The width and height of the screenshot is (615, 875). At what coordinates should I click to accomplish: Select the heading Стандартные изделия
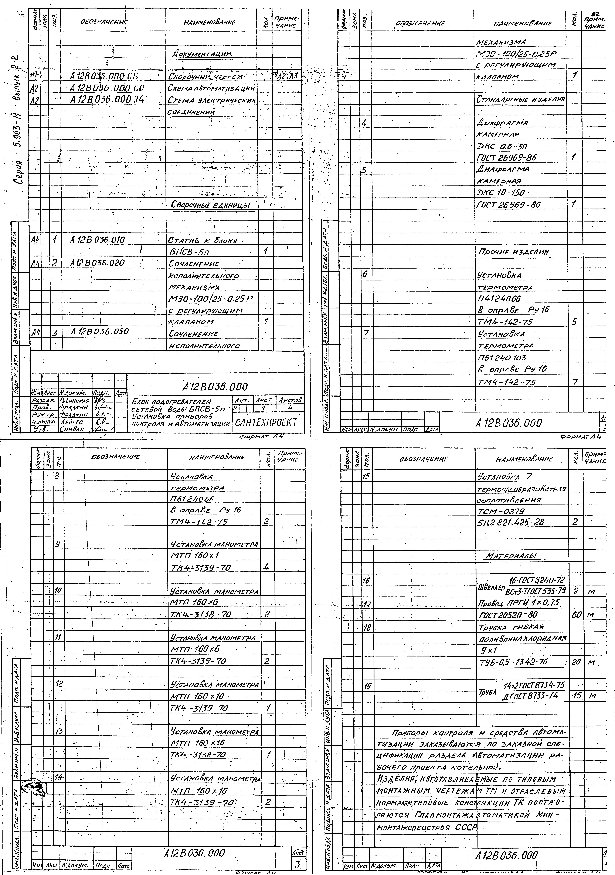click(521, 100)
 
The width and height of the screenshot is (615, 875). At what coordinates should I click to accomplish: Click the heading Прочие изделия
click(513, 252)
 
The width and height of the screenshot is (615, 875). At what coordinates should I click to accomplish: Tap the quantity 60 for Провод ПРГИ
click(576, 614)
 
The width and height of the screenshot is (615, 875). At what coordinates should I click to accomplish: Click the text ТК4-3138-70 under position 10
click(201, 614)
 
